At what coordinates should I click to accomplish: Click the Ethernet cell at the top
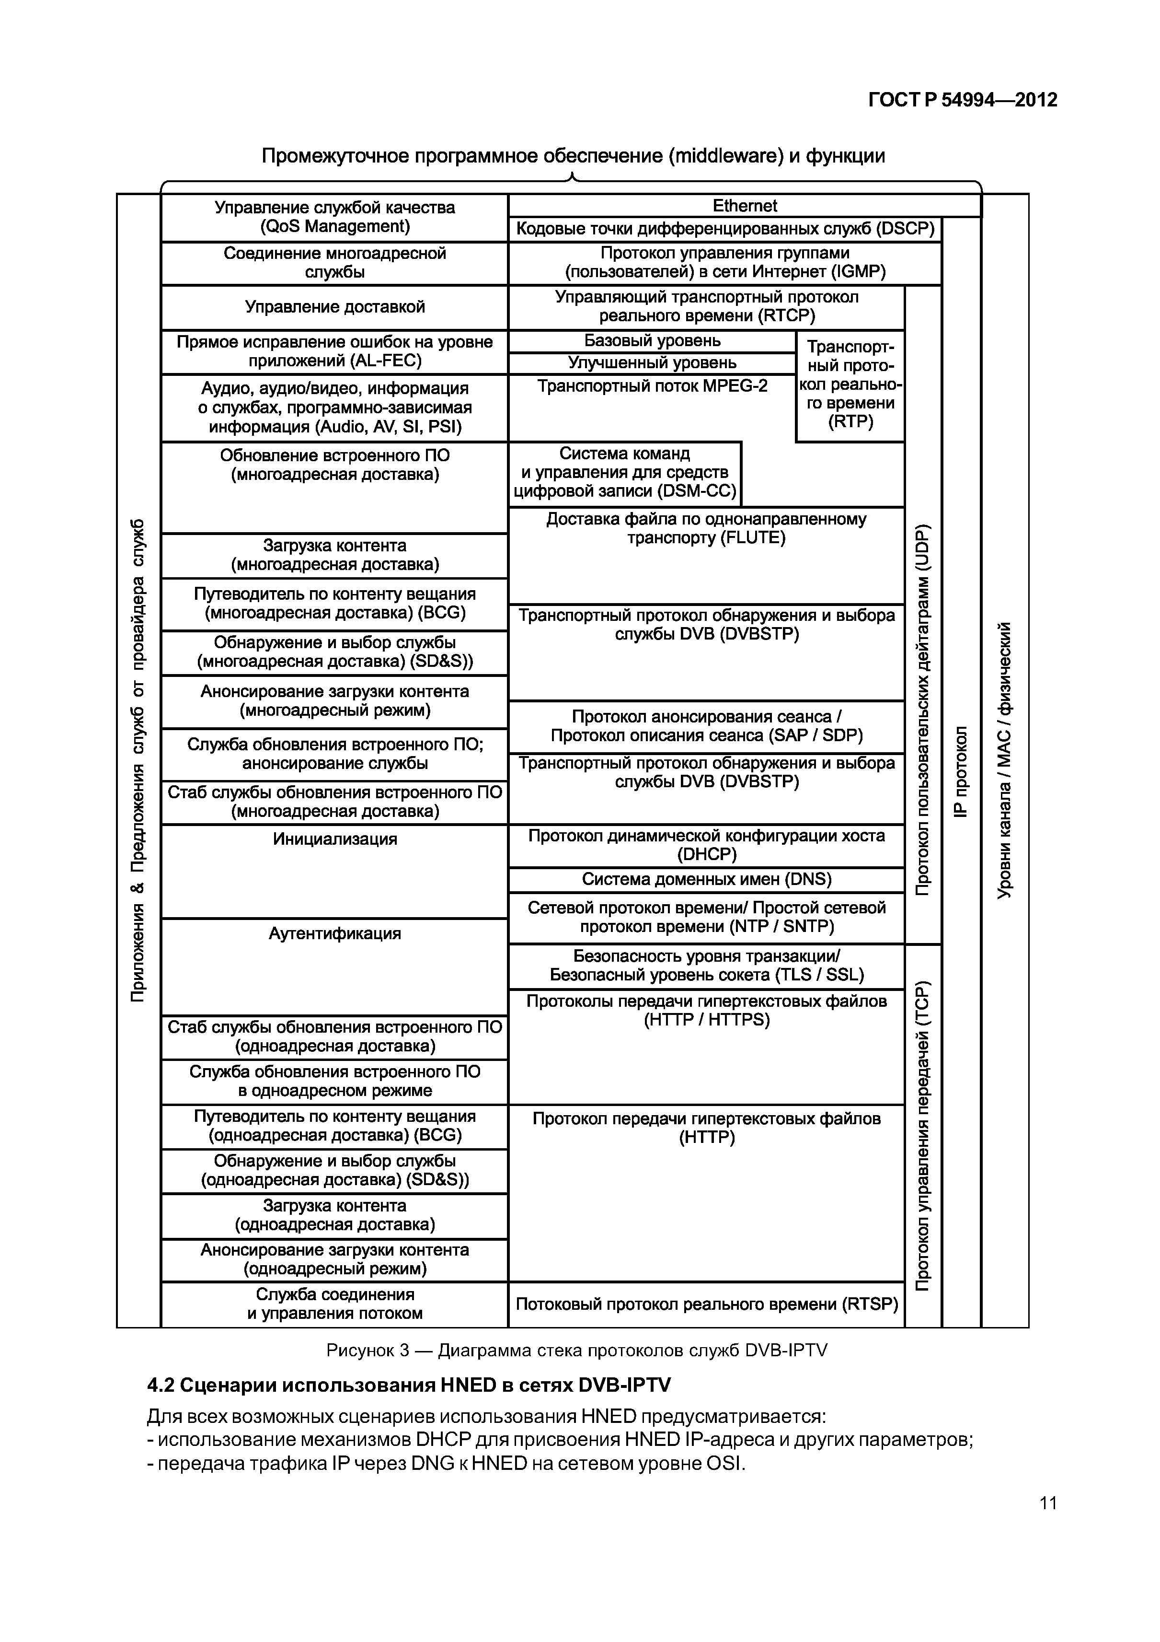tap(744, 206)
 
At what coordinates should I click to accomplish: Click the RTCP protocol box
tap(706, 307)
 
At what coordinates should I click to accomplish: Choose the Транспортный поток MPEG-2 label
tap(652, 387)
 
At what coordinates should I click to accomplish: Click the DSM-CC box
tap(625, 473)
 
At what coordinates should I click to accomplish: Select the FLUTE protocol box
tap(706, 529)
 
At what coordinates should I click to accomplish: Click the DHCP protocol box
tap(706, 845)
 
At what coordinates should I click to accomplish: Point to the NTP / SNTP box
tap(706, 918)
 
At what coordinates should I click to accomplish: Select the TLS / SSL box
tap(706, 966)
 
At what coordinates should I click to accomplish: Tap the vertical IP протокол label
tap(961, 772)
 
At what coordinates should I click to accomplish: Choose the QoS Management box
tap(334, 217)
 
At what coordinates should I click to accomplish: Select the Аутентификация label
tap(334, 933)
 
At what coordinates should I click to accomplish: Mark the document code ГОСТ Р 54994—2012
tap(963, 100)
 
